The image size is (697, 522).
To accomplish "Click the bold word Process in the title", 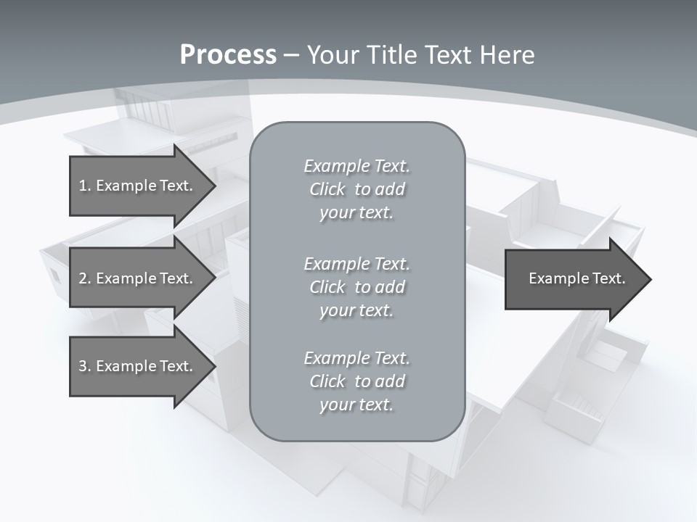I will [228, 55].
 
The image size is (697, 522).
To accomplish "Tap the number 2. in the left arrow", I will [84, 278].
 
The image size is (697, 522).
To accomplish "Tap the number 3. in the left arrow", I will [84, 366].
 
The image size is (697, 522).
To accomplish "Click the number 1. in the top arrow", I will [84, 186].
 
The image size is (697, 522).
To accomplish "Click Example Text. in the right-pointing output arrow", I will [576, 278].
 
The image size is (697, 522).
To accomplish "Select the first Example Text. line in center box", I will [356, 166].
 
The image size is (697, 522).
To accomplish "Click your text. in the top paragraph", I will [356, 212].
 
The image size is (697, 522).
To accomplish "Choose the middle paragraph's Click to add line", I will [356, 287].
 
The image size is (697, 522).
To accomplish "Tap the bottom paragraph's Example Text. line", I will [356, 358].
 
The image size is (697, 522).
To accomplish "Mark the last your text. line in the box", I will [356, 405].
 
